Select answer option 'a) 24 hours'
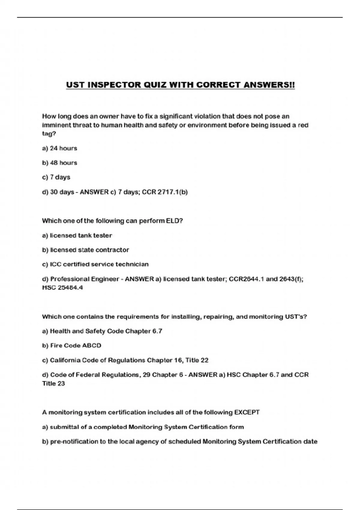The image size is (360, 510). coord(59,148)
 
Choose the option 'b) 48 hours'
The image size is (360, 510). coord(59,163)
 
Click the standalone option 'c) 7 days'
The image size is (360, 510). coord(56,177)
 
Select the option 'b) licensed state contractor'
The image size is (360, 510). coord(85,250)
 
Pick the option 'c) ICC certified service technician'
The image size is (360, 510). coord(95,264)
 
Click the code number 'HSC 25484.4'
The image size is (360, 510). coord(62,287)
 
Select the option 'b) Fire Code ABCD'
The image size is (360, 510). coord(71,345)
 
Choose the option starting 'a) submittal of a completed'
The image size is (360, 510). coord(143,427)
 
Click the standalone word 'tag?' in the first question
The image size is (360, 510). coord(49,133)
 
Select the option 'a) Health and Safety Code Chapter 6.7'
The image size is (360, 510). coord(102,331)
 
